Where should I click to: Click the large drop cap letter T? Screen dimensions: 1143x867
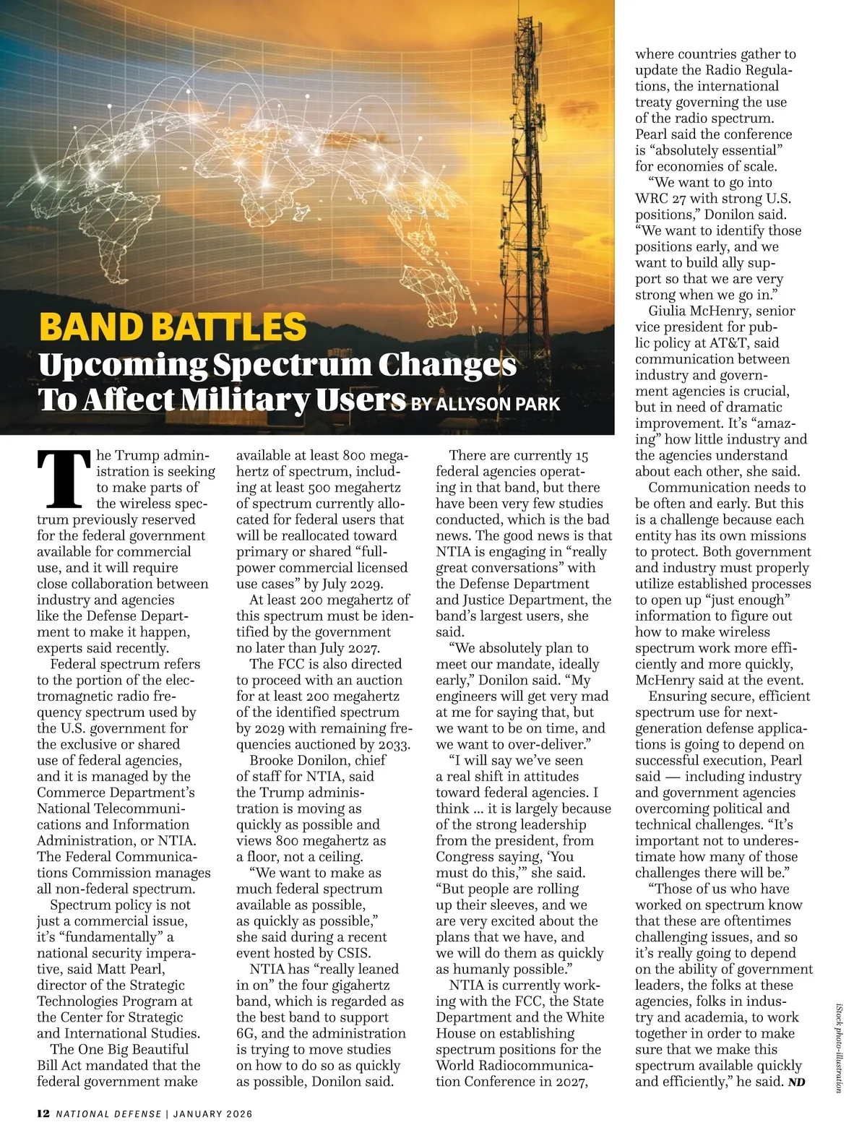(x=64, y=478)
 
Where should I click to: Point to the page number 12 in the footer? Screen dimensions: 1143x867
(x=43, y=1113)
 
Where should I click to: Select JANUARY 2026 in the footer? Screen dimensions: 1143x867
(x=212, y=1114)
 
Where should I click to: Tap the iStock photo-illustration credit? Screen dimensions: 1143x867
(x=838, y=1047)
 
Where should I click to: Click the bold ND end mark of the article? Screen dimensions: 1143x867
(x=796, y=1082)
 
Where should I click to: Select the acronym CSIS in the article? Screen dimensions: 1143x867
(x=350, y=953)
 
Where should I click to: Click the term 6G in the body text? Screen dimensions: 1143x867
(x=246, y=1033)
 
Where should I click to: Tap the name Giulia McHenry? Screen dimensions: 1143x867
(x=707, y=311)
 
